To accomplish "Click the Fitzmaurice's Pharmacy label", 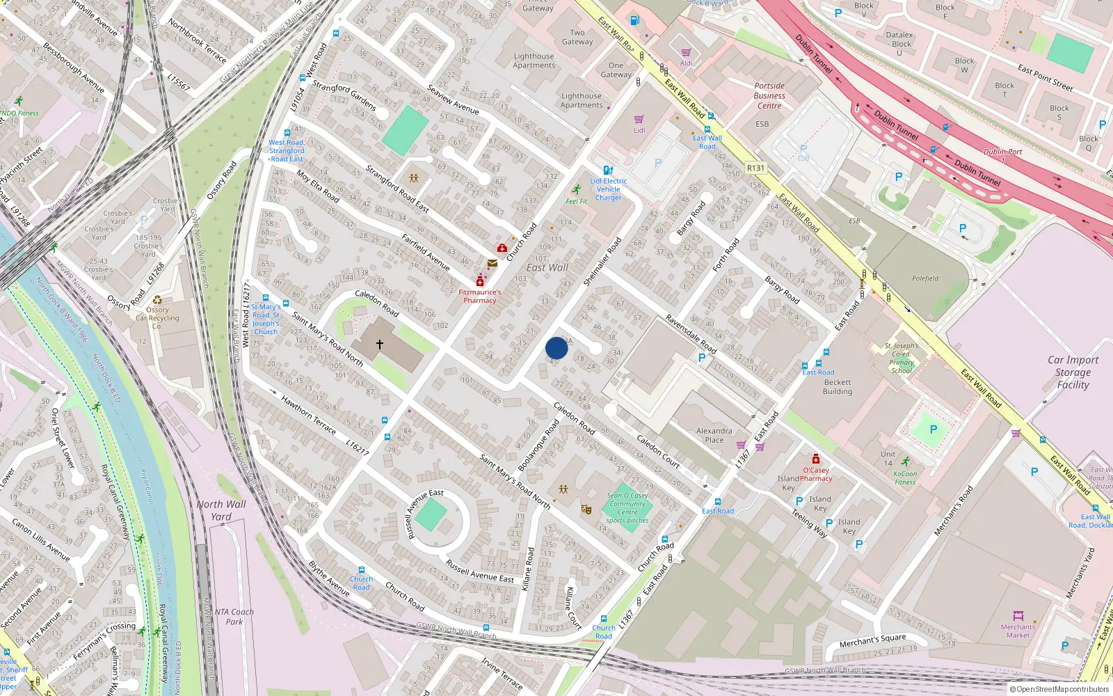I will (480, 296).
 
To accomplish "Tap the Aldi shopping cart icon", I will (686, 53).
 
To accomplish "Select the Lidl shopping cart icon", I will (639, 120).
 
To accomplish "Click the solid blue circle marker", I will (556, 348).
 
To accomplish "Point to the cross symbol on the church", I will (380, 344).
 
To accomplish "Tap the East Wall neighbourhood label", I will (547, 268).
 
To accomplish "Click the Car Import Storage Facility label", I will (1073, 372).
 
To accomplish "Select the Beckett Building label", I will (838, 387).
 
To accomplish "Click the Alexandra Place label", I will (714, 435).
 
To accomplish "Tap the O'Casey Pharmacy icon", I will (816, 459).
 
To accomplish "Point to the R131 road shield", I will (755, 168).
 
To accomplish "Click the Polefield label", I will (925, 278).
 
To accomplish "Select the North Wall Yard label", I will (221, 510).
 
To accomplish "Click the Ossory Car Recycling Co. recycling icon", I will (157, 301).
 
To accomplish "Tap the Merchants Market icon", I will (1018, 616).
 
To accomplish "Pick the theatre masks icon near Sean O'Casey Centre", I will (586, 509).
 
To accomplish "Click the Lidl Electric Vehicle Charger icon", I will (608, 170).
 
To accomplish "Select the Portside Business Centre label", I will (769, 96).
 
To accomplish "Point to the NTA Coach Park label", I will (234, 617).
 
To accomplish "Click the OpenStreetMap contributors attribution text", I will (1059, 689).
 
